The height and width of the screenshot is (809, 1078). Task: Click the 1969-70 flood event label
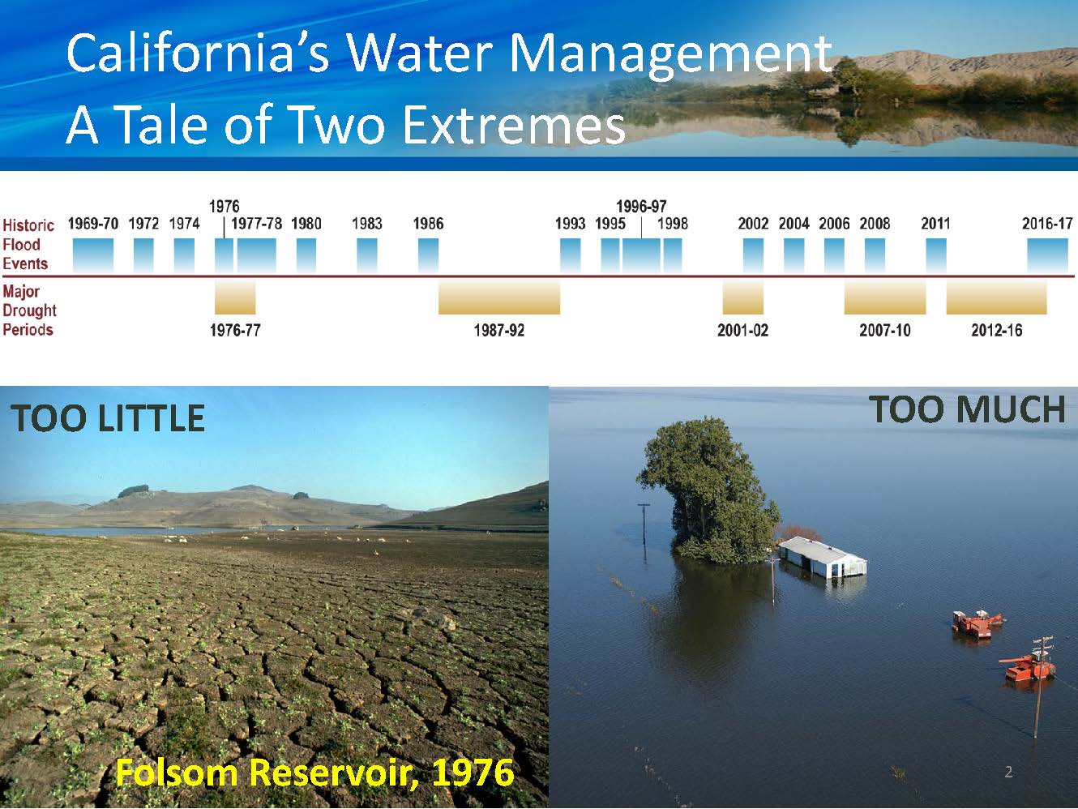click(x=93, y=224)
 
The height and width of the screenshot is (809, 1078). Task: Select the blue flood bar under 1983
click(x=367, y=255)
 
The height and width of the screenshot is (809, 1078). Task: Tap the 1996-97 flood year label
click(x=641, y=206)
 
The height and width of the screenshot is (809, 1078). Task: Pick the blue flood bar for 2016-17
click(x=1047, y=255)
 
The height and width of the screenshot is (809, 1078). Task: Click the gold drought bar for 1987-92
click(x=499, y=297)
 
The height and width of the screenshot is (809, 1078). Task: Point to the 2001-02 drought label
click(x=742, y=330)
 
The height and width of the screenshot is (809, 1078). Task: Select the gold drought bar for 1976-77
click(x=235, y=297)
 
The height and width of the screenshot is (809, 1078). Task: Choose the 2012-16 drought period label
click(x=996, y=330)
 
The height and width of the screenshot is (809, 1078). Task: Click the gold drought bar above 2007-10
click(x=885, y=297)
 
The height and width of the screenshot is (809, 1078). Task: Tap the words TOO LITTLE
click(x=108, y=418)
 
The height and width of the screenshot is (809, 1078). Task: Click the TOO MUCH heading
click(x=966, y=409)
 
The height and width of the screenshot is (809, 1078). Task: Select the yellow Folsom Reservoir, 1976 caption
click(x=314, y=773)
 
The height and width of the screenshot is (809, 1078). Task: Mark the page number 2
click(x=1008, y=773)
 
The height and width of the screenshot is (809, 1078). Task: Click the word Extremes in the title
click(x=515, y=125)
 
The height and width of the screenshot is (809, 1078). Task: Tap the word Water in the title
click(x=421, y=53)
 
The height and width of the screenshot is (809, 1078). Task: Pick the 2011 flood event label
click(x=935, y=224)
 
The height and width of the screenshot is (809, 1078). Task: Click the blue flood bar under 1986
click(x=428, y=255)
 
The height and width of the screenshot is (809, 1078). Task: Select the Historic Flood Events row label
click(x=28, y=245)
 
